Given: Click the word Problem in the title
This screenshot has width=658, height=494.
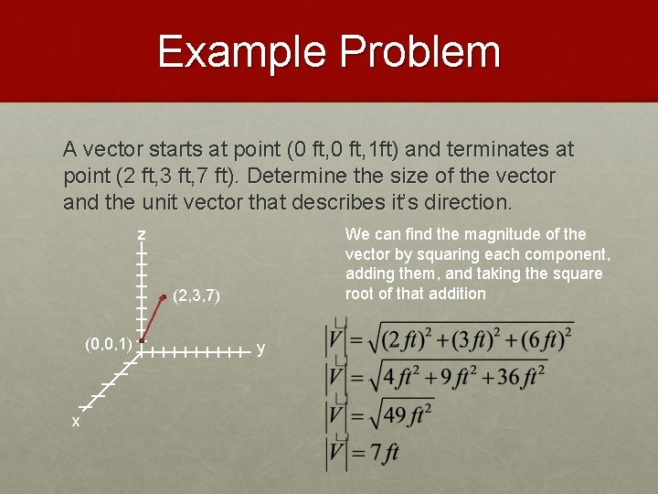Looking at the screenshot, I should (x=420, y=52).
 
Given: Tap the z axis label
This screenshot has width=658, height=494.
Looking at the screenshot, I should (x=142, y=236).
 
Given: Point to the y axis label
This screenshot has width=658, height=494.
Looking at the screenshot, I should (x=261, y=349).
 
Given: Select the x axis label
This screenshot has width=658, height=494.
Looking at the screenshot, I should (x=76, y=422).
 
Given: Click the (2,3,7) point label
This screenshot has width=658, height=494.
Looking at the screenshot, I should (x=196, y=295).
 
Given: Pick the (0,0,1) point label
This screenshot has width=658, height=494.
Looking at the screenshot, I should (x=108, y=344).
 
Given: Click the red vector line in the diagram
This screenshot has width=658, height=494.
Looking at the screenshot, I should (x=153, y=317).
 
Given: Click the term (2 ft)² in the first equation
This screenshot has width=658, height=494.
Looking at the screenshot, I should (x=400, y=339).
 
